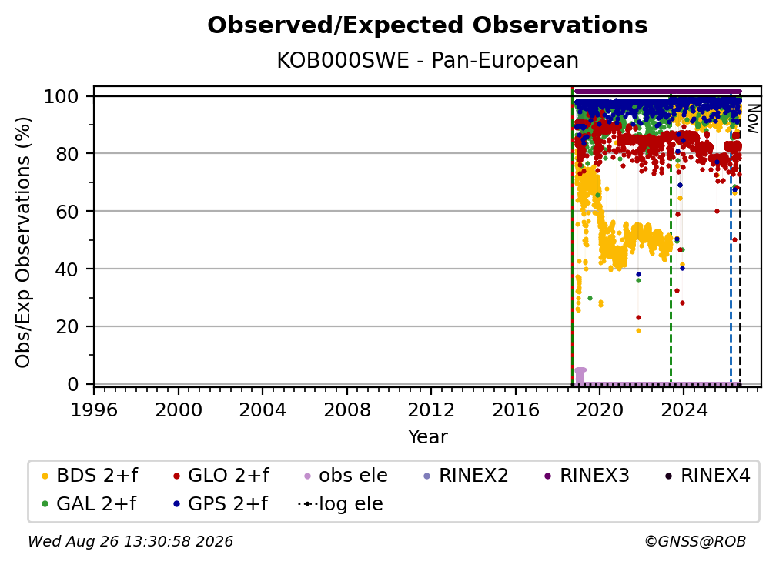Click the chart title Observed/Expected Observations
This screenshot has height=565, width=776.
427,25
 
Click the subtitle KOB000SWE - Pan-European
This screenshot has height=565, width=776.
427,60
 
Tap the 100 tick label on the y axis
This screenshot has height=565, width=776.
62,96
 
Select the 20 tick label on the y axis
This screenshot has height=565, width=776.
67,327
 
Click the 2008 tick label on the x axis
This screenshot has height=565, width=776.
347,410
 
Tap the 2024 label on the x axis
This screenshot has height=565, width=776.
684,410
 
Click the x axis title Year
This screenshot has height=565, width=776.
427,436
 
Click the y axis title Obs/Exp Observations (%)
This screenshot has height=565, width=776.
23,242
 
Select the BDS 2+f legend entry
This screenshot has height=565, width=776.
89,476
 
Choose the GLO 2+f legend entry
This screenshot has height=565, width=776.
221,476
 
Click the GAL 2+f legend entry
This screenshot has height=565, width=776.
89,504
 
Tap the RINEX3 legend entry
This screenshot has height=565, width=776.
587,476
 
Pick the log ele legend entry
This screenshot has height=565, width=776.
340,504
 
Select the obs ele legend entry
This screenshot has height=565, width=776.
343,476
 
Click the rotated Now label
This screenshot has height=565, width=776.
752,119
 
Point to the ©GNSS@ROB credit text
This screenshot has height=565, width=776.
695,541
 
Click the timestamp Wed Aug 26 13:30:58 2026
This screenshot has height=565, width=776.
130,541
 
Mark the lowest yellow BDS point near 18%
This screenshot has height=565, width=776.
638,330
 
